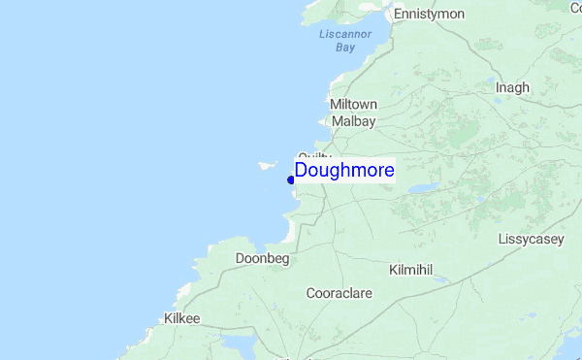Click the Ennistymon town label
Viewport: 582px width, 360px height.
point(428,14)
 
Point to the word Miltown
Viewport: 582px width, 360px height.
point(353,104)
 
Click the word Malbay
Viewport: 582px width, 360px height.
point(353,121)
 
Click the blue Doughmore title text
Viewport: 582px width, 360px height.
point(344,171)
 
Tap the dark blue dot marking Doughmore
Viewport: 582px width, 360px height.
point(291,180)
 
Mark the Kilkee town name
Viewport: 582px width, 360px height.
point(181,317)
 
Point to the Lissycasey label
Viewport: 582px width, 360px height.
point(531,239)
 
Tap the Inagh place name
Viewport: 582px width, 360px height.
point(512,87)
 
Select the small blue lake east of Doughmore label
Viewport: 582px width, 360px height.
point(423,189)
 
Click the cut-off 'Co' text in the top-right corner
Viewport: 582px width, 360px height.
point(575,8)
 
